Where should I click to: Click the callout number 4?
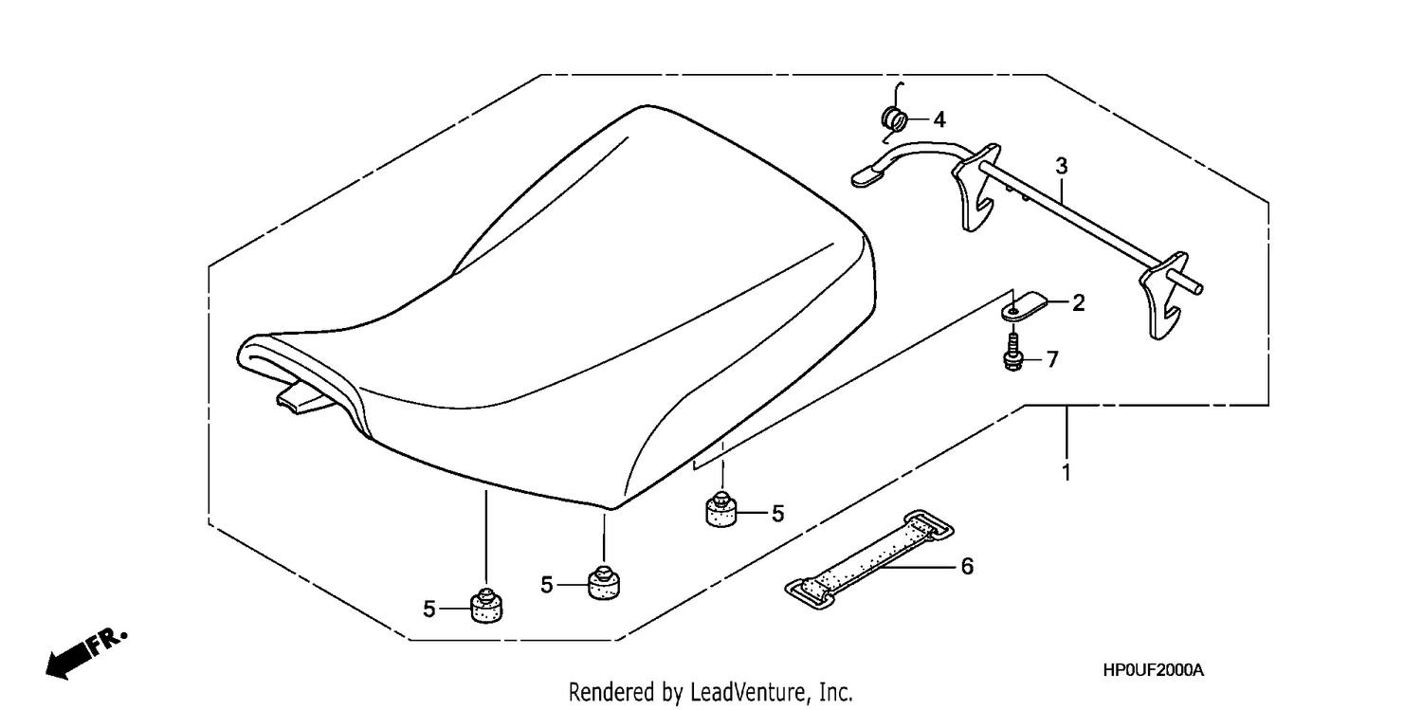[x=939, y=119]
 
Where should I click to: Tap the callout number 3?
[x=1062, y=166]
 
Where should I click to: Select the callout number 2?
[x=1079, y=303]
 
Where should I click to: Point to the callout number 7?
[x=1052, y=360]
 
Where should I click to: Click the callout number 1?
[x=1066, y=473]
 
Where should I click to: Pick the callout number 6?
[x=967, y=566]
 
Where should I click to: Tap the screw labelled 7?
[x=1013, y=351]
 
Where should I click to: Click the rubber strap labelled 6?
[x=869, y=559]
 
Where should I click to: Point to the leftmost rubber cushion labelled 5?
[x=486, y=606]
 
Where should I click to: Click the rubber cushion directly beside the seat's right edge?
[x=721, y=509]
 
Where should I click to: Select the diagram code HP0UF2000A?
[x=1153, y=670]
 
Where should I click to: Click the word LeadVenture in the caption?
[x=749, y=691]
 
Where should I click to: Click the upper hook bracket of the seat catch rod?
[x=975, y=187]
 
